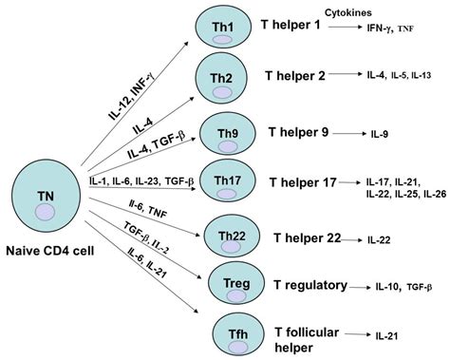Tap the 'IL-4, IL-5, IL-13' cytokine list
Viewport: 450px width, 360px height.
click(402, 73)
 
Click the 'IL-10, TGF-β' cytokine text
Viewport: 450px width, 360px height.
click(401, 286)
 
